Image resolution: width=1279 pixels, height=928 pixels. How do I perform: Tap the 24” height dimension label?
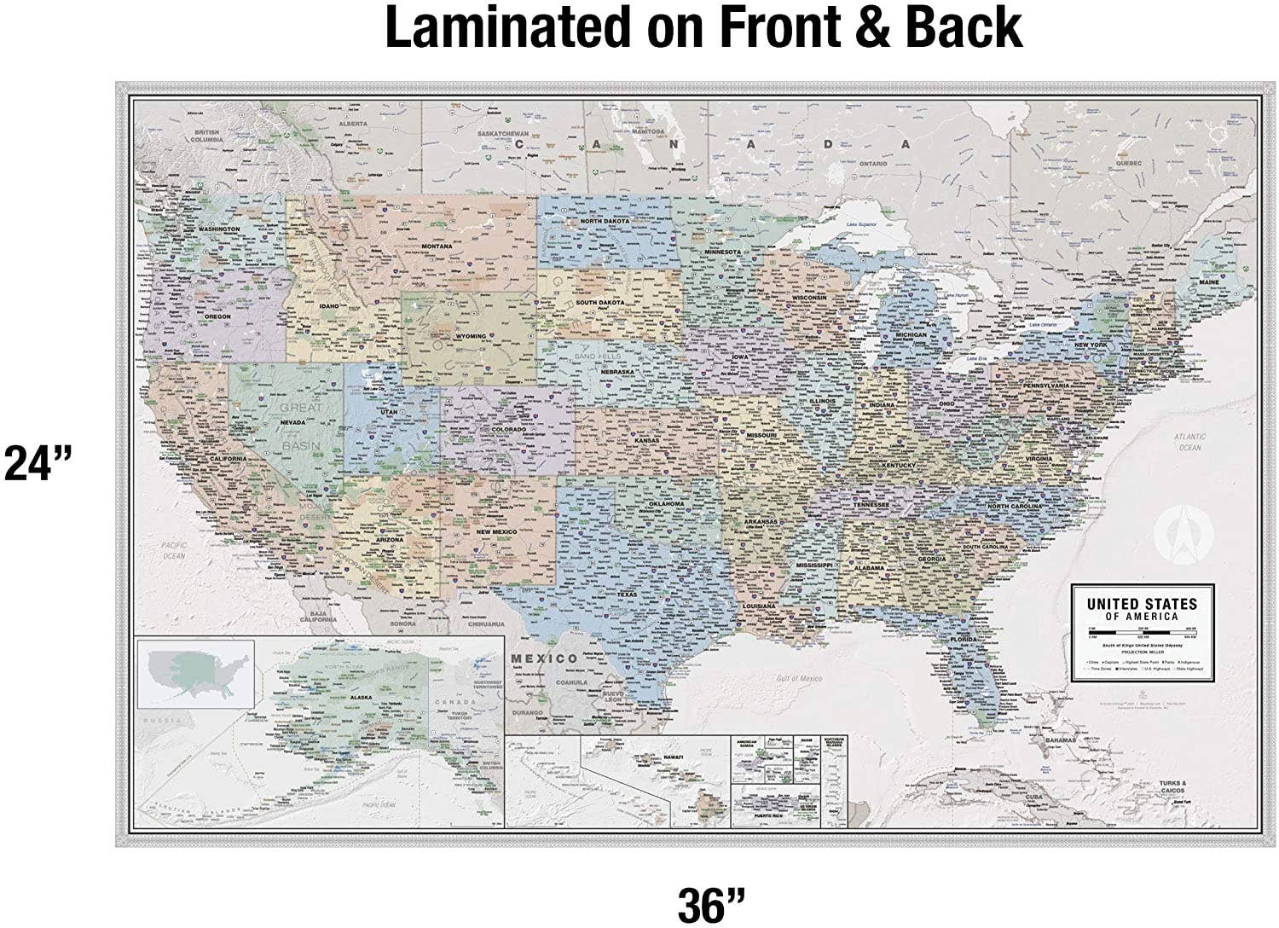pos(38,465)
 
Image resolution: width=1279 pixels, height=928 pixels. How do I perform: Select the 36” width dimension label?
pos(711,904)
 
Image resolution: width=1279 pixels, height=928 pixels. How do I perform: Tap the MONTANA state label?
pos(436,246)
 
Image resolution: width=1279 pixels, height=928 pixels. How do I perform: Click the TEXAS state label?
pos(627,594)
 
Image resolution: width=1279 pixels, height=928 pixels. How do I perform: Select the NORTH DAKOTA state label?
pos(605,221)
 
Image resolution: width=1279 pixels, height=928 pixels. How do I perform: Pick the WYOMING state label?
pos(470,336)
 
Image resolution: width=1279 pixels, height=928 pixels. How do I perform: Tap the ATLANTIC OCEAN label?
pos(1189,442)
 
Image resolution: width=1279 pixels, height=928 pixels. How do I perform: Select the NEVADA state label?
pos(292,423)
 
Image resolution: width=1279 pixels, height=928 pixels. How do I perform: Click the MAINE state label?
pos(1208,281)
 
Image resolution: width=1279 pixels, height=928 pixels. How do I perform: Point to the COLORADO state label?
pos(508,429)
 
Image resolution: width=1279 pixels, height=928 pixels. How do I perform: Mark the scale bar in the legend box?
pos(1142,632)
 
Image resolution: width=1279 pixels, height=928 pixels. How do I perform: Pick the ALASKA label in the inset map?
pos(361,698)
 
